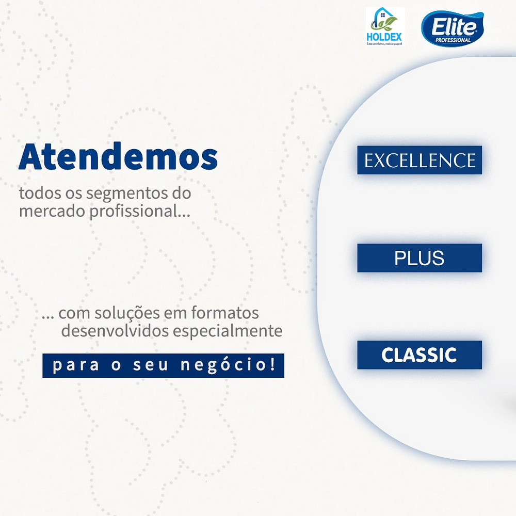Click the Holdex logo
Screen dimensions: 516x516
tap(385, 26)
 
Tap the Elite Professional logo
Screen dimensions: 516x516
tap(453, 28)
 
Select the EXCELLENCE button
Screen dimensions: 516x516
tap(420, 160)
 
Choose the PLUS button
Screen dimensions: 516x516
tap(420, 257)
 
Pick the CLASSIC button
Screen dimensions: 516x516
tap(420, 355)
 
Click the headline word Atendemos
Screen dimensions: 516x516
tap(118, 156)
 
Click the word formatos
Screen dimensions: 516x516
tap(225, 313)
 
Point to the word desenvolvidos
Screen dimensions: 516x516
tap(115, 331)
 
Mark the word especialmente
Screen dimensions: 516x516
tap(228, 331)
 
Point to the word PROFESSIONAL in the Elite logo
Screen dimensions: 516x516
tap(453, 40)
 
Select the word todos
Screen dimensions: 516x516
tap(40, 193)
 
